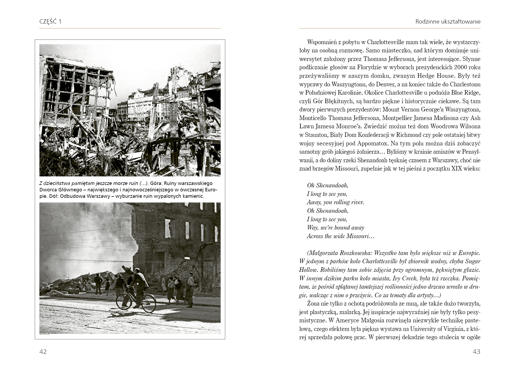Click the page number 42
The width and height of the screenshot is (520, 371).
(x=43, y=351)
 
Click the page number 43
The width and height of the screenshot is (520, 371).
(x=476, y=351)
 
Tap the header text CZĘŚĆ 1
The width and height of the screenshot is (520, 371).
(x=50, y=22)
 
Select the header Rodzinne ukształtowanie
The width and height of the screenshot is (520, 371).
(x=448, y=22)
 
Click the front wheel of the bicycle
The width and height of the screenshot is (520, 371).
(x=149, y=303)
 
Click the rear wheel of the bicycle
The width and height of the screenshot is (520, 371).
(x=124, y=301)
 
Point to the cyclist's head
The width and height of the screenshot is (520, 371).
(x=137, y=271)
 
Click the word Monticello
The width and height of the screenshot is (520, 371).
(x=312, y=118)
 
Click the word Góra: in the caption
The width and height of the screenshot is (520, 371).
(x=156, y=183)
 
